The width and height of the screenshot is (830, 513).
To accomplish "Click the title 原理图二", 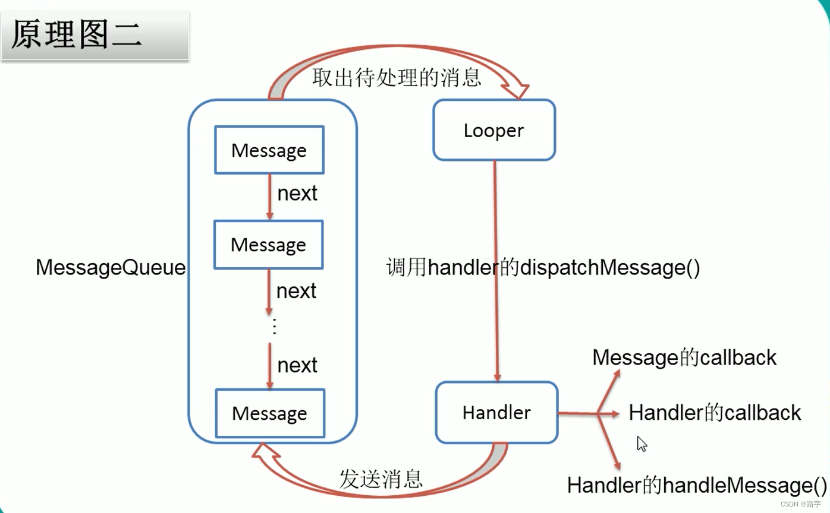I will (77, 35).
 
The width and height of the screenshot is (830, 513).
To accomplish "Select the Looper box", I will (493, 130).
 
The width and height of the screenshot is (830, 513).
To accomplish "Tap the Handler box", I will (496, 413).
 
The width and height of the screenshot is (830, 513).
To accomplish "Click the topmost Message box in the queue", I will (269, 150).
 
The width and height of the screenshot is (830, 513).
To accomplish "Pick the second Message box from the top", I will (268, 245).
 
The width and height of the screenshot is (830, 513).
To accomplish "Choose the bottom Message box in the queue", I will (269, 413).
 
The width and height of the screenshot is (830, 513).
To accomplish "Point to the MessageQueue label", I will (111, 267).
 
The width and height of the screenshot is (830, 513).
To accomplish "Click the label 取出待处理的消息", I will (397, 77).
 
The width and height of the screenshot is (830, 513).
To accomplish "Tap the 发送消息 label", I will (381, 479).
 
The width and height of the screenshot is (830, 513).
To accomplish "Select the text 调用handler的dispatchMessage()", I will (543, 268).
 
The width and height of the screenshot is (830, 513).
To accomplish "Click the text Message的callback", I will (684, 357).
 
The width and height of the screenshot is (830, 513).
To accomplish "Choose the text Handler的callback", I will (715, 413).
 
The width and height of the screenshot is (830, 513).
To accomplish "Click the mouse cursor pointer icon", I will (642, 444).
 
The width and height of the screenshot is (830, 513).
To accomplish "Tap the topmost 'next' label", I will (297, 193).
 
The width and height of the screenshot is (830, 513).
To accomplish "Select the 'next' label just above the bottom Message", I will (297, 365).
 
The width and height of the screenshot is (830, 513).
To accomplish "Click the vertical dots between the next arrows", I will (274, 327).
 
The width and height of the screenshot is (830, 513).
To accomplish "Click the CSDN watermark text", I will (801, 503).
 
